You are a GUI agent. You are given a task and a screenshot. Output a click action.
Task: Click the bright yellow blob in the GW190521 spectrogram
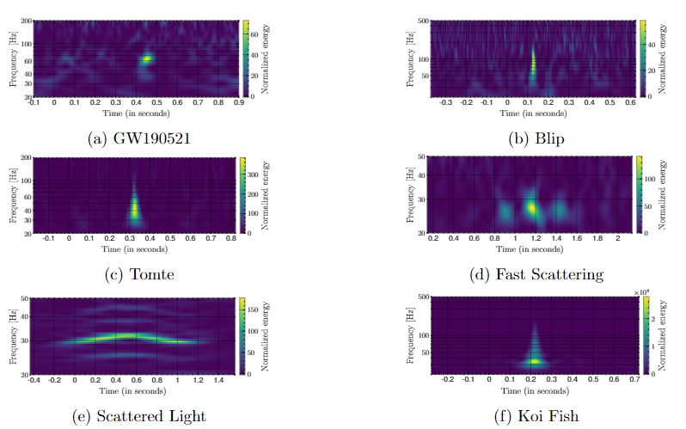146,59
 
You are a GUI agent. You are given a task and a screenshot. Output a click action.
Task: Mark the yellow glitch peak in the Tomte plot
134,208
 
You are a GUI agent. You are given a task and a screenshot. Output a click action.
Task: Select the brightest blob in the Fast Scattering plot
532,207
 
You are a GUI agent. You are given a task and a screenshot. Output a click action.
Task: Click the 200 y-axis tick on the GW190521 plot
25,21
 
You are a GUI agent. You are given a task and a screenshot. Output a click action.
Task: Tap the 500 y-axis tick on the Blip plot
421,21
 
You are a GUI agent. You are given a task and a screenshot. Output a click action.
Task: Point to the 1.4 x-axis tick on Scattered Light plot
219,379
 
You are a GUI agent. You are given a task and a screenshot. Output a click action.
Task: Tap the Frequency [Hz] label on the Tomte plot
12,195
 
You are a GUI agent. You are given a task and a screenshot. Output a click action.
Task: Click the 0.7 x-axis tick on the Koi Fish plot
634,379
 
